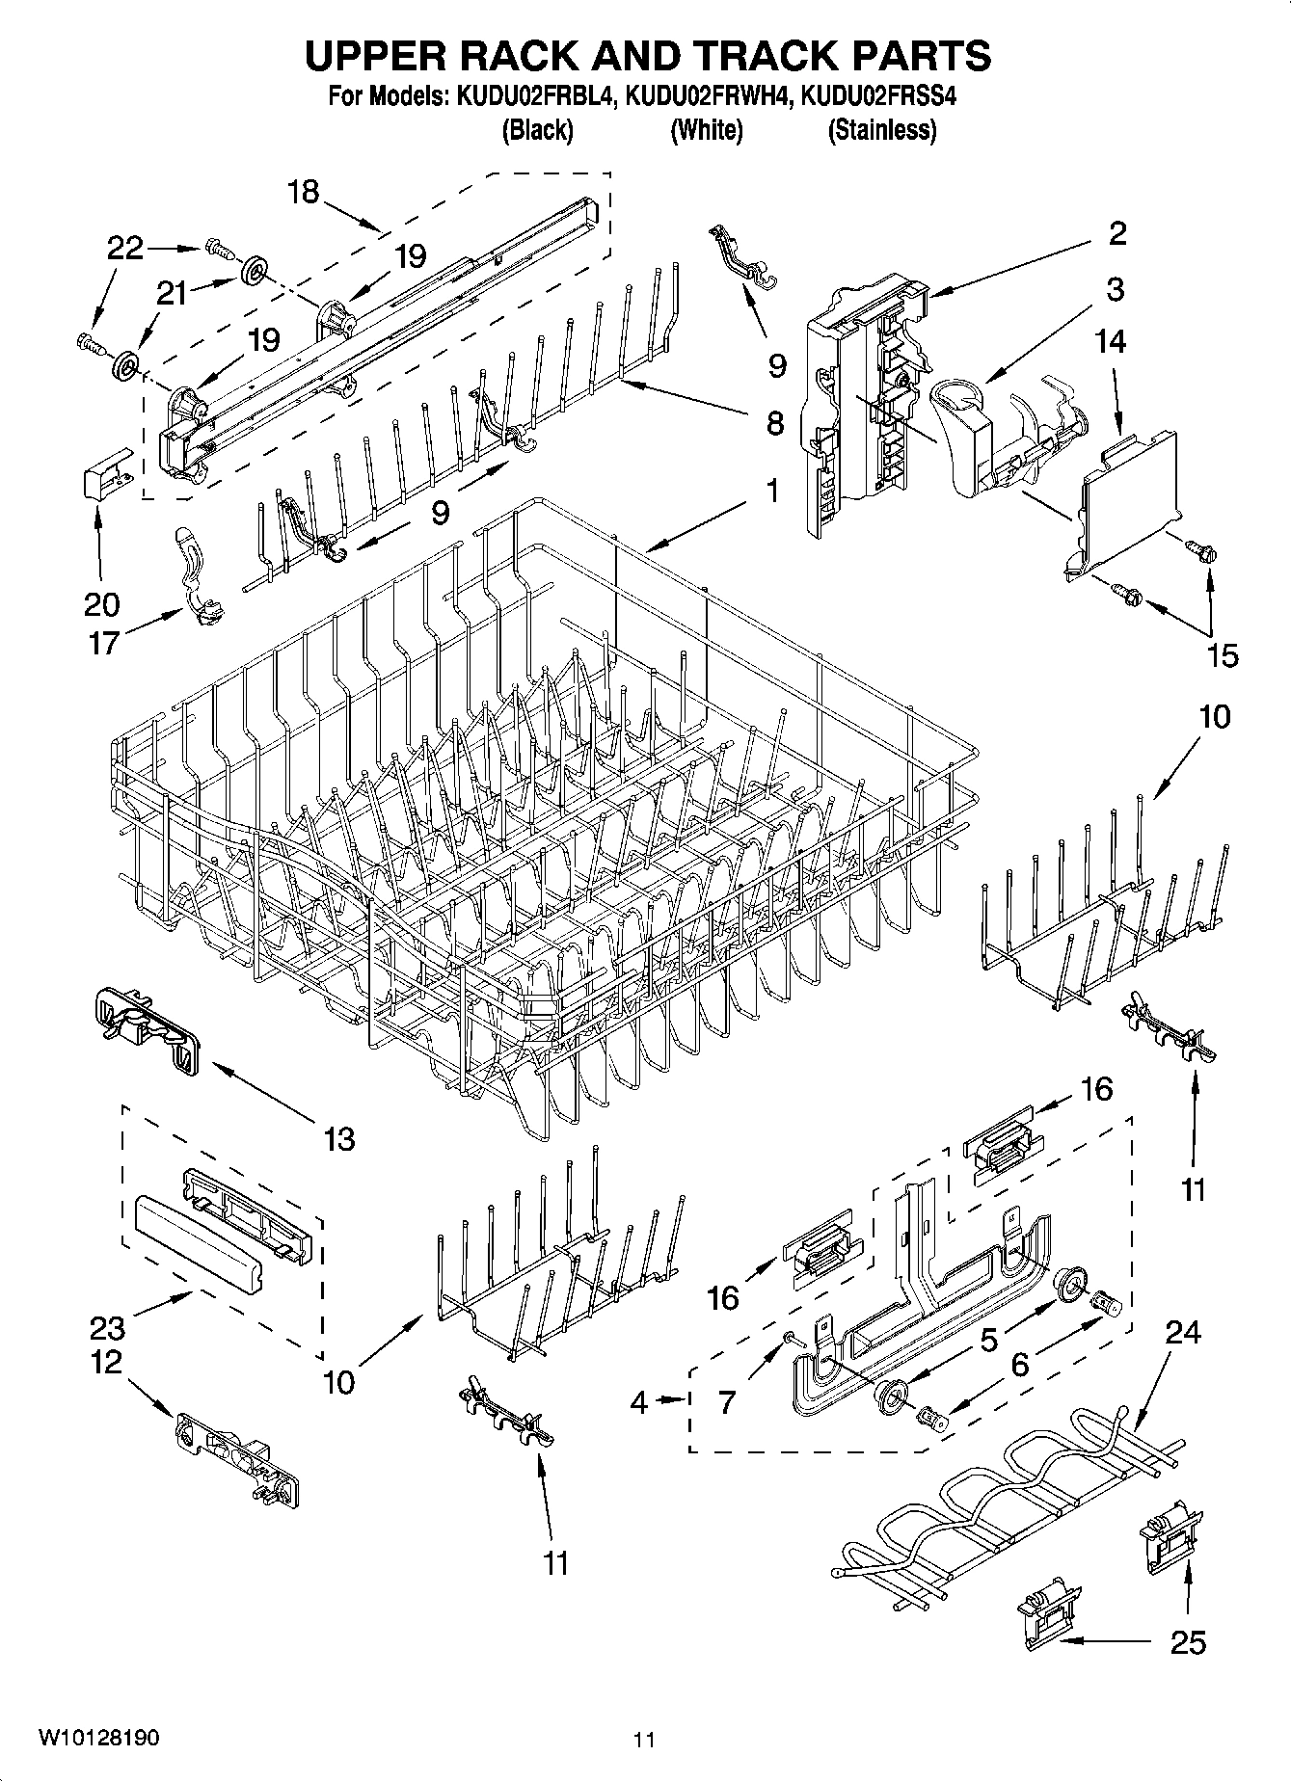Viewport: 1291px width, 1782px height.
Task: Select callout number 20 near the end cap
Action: point(101,604)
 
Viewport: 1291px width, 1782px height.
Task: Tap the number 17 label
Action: point(103,642)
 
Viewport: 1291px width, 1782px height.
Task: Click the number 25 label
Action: point(1187,1642)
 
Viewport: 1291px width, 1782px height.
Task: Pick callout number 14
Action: point(1111,341)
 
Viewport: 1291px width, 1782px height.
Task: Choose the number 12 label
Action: point(107,1362)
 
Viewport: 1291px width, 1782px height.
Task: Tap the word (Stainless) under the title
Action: point(881,130)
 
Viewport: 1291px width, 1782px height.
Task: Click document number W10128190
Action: point(98,1738)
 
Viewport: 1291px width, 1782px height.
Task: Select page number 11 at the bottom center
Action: point(644,1740)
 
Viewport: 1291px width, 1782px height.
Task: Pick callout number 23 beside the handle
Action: point(107,1328)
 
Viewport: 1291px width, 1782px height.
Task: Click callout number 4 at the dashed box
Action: point(639,1402)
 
